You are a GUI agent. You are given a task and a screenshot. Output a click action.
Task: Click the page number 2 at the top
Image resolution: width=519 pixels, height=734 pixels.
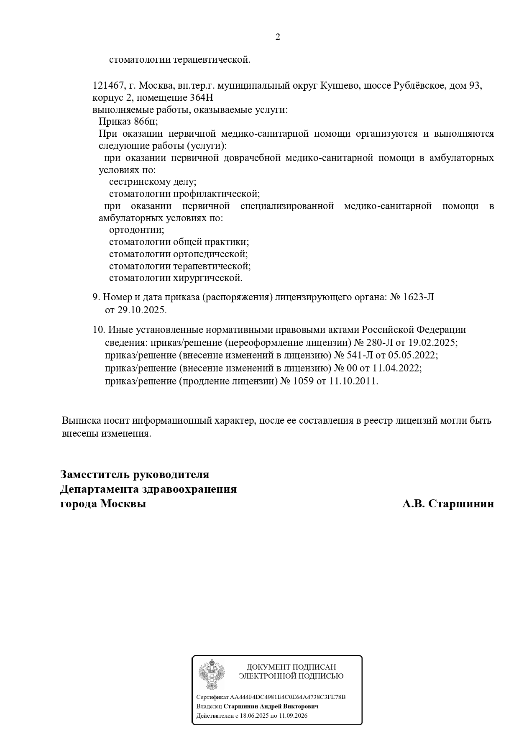[278, 37]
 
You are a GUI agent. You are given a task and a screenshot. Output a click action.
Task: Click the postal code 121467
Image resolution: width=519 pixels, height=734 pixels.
[107, 86]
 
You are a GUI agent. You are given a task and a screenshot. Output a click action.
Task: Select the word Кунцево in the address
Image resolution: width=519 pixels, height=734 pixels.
[339, 86]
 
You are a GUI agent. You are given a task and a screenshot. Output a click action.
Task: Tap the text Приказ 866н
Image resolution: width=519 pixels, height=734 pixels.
[128, 122]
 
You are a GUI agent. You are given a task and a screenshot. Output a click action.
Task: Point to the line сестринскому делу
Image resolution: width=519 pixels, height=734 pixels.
[153, 182]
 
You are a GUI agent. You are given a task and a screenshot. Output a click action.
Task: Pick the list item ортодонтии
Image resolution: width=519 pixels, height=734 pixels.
[136, 230]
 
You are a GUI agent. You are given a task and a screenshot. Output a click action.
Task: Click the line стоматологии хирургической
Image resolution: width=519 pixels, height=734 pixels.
[176, 278]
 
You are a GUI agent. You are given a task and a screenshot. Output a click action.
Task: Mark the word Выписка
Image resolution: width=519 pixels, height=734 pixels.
[80, 420]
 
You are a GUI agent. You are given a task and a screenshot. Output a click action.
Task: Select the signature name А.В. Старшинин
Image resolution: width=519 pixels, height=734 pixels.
[448, 504]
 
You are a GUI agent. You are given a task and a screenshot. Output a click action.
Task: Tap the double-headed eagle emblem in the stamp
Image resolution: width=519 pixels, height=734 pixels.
[211, 675]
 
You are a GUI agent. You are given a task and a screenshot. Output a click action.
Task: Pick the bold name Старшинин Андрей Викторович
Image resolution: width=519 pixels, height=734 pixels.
[271, 706]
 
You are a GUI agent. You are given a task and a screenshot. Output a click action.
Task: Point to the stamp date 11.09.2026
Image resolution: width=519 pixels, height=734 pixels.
[292, 716]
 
